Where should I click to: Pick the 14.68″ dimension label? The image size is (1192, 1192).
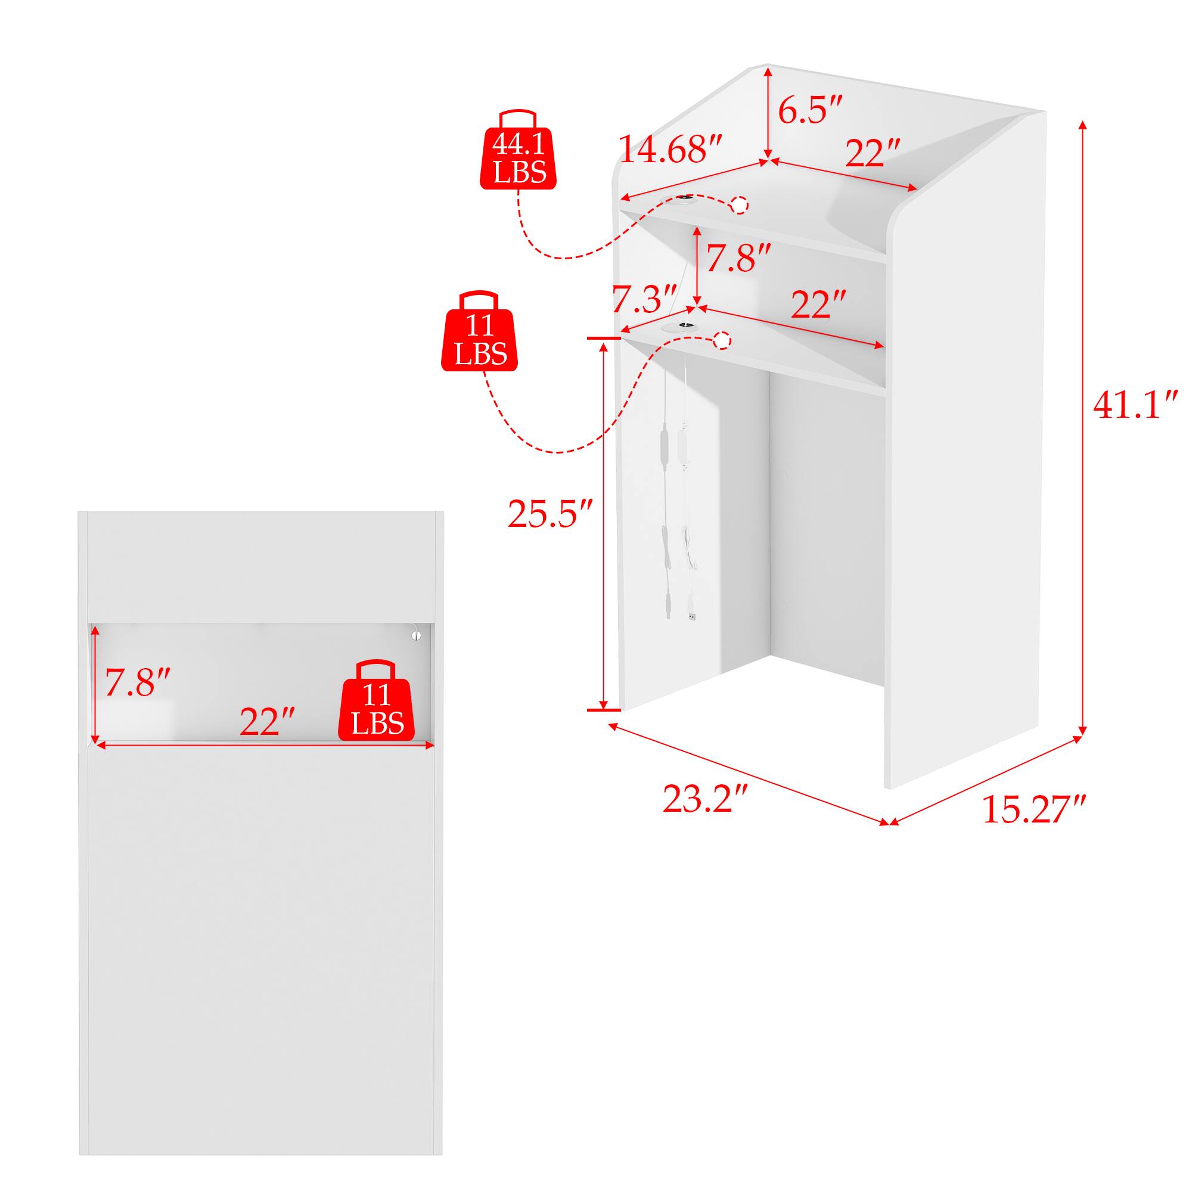click(x=670, y=150)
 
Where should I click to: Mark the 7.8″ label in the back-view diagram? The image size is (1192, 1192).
click(x=137, y=683)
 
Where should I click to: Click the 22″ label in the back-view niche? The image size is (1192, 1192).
click(x=267, y=721)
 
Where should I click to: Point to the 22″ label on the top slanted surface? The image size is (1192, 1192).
click(x=873, y=153)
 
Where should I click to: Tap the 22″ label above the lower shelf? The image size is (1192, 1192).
click(x=818, y=304)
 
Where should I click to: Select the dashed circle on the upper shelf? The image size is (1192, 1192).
click(x=739, y=205)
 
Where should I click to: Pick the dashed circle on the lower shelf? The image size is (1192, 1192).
click(x=722, y=340)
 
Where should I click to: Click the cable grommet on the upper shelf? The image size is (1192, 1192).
click(x=683, y=199)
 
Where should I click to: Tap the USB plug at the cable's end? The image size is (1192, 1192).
click(x=693, y=615)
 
